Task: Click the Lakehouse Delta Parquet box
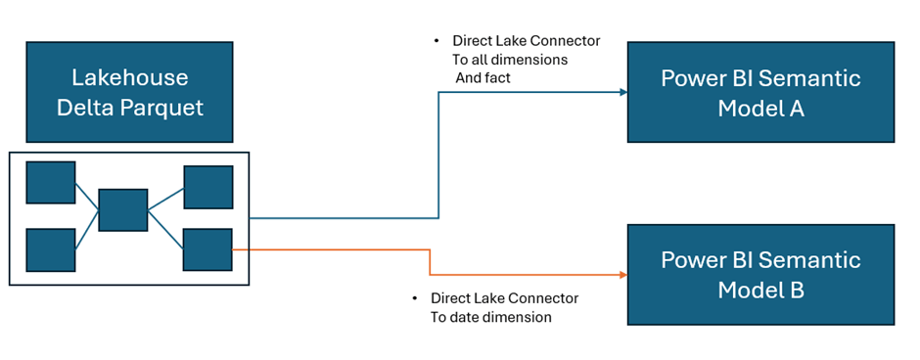(x=129, y=92)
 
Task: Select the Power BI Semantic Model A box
(x=760, y=92)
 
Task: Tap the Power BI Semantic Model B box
(x=760, y=275)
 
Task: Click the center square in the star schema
(x=123, y=210)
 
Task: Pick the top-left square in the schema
(x=51, y=183)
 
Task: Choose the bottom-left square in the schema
(x=51, y=249)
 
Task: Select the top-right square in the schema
(x=208, y=187)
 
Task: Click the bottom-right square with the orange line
(x=207, y=249)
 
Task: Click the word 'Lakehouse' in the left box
(x=129, y=77)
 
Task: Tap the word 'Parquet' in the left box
(x=166, y=108)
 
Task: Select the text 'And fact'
(x=483, y=77)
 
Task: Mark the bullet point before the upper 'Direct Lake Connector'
(x=437, y=41)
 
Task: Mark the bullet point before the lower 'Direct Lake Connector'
(x=415, y=298)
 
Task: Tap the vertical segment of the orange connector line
(x=430, y=262)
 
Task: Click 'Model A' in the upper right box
(x=760, y=108)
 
